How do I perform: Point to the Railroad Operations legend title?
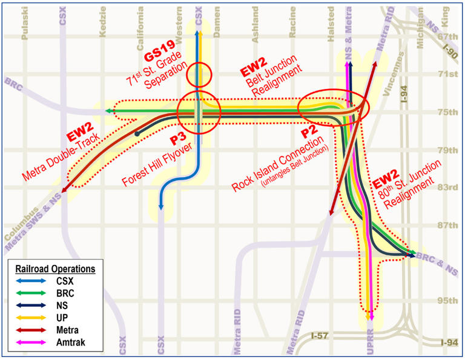point(56,268)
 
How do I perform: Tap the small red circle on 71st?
point(199,76)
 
